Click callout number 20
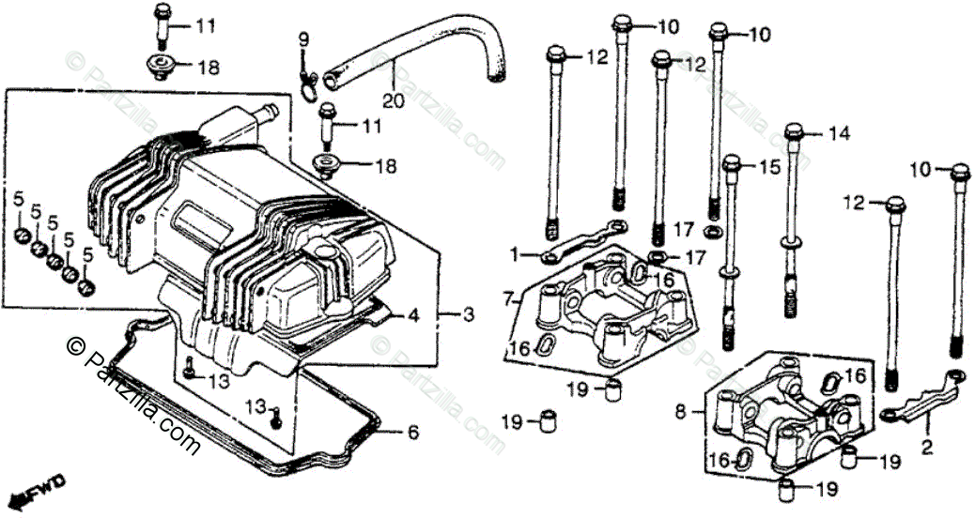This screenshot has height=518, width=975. point(392,99)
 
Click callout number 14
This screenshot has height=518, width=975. point(838,134)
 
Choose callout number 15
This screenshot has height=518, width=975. point(770,167)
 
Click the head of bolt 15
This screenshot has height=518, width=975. point(733,164)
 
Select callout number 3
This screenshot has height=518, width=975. point(467,314)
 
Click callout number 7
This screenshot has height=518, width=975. point(508,299)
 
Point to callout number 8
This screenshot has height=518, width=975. point(682,410)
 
